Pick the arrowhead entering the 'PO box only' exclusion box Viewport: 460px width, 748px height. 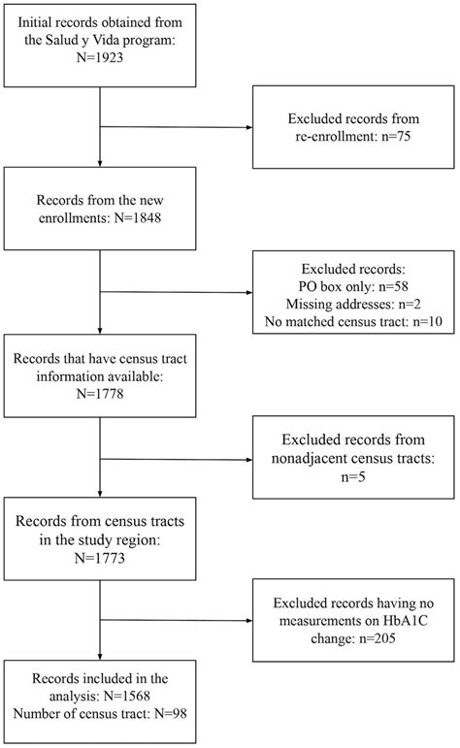251,294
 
